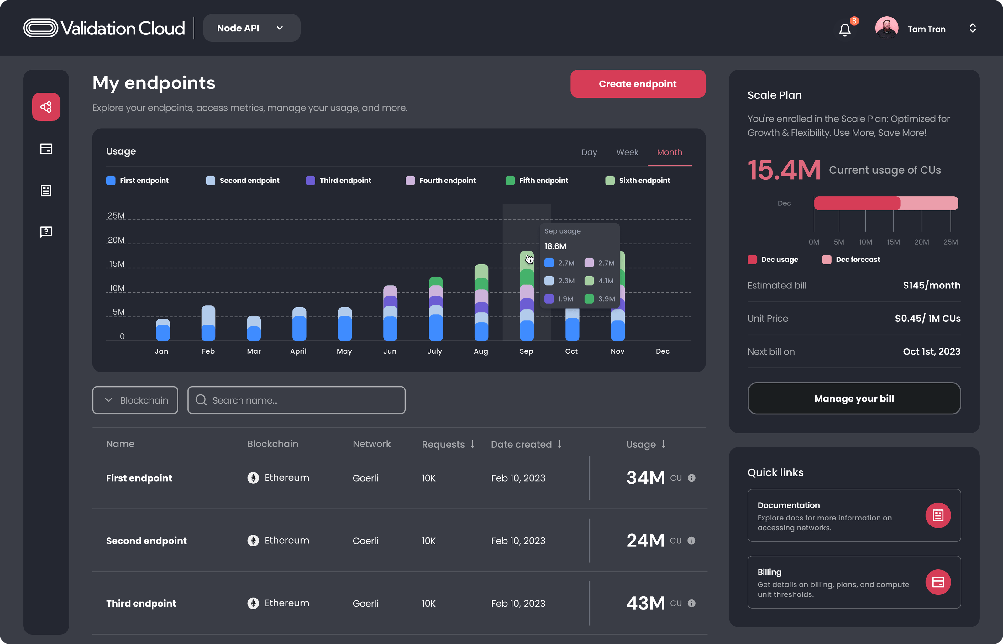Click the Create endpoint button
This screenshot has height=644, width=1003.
coord(638,84)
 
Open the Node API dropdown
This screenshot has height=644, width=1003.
coord(251,28)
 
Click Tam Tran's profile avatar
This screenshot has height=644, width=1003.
coord(886,28)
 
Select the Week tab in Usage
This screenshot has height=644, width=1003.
coord(627,152)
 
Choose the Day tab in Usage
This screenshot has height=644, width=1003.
coord(589,152)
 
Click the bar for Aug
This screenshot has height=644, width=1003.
coord(481,303)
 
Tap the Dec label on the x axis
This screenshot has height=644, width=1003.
coord(662,351)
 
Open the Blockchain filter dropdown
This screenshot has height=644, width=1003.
coord(135,400)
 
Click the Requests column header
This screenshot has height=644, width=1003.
coord(448,444)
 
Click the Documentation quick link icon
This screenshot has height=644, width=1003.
coord(938,515)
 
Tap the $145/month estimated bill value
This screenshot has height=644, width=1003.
coord(932,285)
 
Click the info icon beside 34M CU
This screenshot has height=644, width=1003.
coord(692,478)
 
